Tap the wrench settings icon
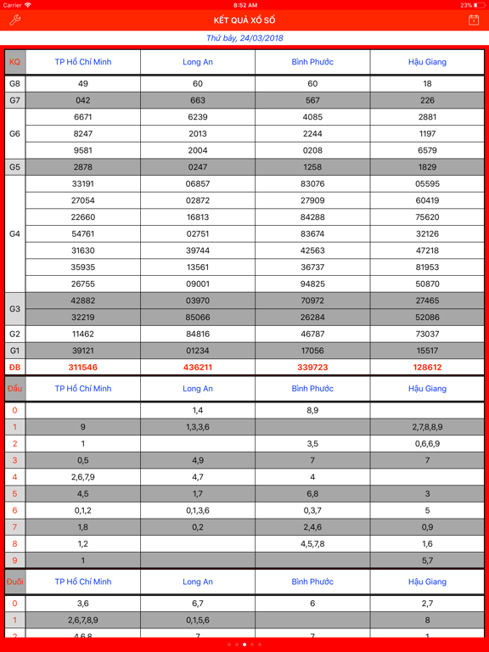pyautogui.click(x=14, y=20)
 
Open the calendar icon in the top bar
pyautogui.click(x=474, y=20)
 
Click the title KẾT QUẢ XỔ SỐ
pyautogui.click(x=244, y=20)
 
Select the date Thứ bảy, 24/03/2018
pyautogui.click(x=244, y=38)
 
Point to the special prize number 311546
pyautogui.click(x=83, y=368)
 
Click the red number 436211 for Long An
pyautogui.click(x=198, y=368)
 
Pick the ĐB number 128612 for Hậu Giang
pyautogui.click(x=427, y=368)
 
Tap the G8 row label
pyautogui.click(x=14, y=84)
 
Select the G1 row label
pyautogui.click(x=14, y=351)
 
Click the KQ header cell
pyautogui.click(x=14, y=62)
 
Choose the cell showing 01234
pyautogui.click(x=198, y=351)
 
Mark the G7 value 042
pyautogui.click(x=83, y=100)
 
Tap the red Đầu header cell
pyautogui.click(x=14, y=389)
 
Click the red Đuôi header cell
pyautogui.click(x=14, y=582)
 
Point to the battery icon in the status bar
pyautogui.click(x=480, y=5)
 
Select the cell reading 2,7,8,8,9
pyautogui.click(x=427, y=427)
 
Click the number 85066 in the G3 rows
pyautogui.click(x=198, y=318)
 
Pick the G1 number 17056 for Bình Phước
pyautogui.click(x=312, y=351)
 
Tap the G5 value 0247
pyautogui.click(x=198, y=167)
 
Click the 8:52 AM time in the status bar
pyautogui.click(x=244, y=5)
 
